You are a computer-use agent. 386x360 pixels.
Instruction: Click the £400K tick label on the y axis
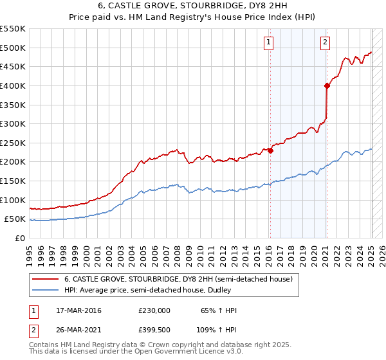pos(12,85)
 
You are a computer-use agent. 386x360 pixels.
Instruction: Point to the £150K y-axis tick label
pos(12,181)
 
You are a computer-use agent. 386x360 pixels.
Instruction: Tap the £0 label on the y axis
pos(19,238)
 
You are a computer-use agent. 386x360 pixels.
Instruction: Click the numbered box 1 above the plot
pos(268,43)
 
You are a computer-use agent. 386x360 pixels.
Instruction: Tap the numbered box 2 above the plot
pos(325,43)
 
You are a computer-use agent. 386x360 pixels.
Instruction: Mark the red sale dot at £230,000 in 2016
pos(270,150)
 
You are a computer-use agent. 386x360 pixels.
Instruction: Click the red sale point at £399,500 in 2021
pos(327,85)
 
